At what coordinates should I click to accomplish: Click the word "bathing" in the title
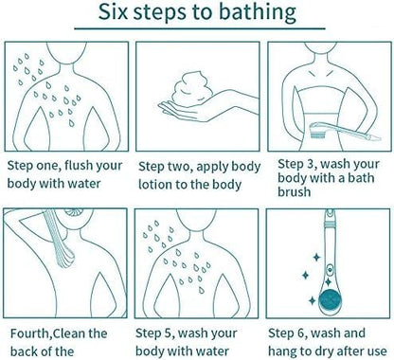point(258,13)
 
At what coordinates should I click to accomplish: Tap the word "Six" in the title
point(113,11)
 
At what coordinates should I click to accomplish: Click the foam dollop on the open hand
point(191,87)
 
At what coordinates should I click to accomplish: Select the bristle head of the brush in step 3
point(315,131)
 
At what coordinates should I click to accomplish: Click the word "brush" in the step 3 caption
point(294,191)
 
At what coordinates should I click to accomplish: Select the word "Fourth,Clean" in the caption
point(59,333)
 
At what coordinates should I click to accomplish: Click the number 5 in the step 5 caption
point(170,333)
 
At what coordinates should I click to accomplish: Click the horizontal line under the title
point(200,28)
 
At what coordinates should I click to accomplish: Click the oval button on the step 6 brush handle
point(330,269)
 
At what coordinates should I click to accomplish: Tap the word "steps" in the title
point(169,13)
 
